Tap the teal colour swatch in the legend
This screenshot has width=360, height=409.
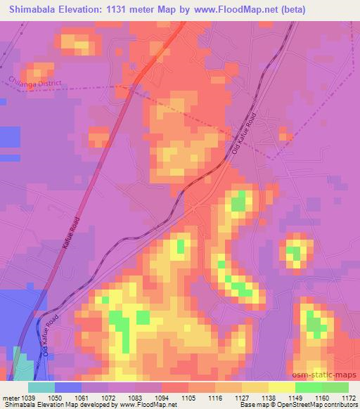pyautogui.click(x=41, y=387)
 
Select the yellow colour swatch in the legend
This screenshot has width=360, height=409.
pyautogui.click(x=281, y=387)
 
